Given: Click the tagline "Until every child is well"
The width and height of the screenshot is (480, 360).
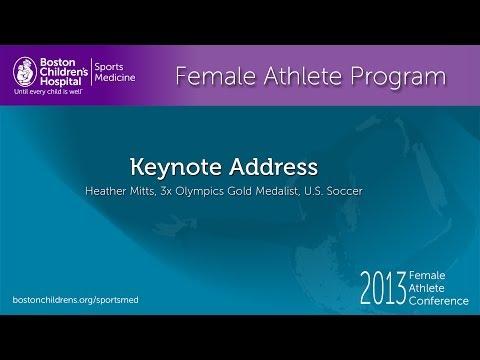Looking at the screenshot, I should pos(47,91).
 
